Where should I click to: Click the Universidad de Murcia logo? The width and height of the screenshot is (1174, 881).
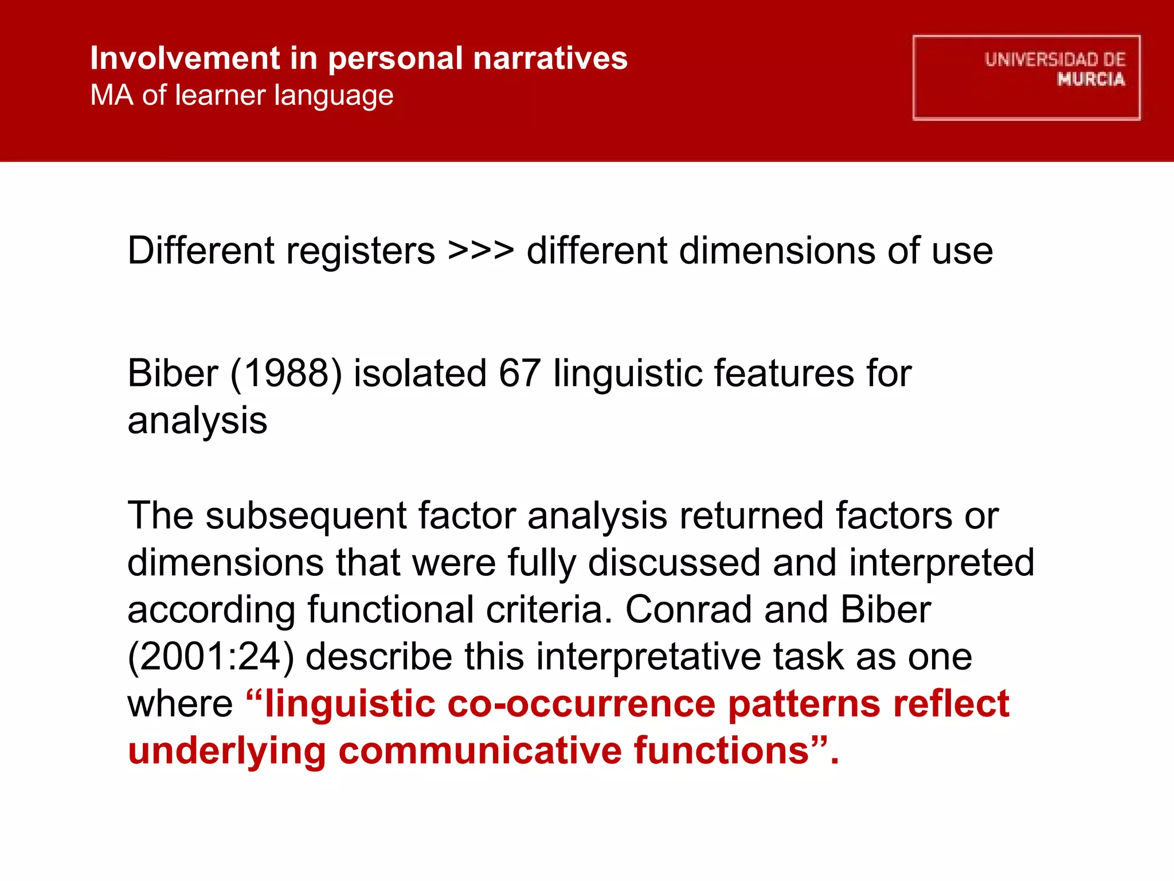[x=1026, y=78]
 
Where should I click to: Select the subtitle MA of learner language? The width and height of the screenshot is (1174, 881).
[x=242, y=95]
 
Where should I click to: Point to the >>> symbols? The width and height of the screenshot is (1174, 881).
[x=480, y=251]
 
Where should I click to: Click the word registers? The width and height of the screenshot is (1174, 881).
[x=361, y=251]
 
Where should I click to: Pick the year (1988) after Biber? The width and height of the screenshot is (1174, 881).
[x=286, y=373]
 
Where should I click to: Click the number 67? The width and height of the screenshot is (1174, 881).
[x=519, y=373]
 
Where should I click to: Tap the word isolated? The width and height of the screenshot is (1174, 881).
[x=420, y=373]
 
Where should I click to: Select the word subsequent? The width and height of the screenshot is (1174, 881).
[x=306, y=515]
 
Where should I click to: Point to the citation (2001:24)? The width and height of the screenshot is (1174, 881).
[x=210, y=656]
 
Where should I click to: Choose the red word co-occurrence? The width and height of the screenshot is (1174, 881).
[x=581, y=703]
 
